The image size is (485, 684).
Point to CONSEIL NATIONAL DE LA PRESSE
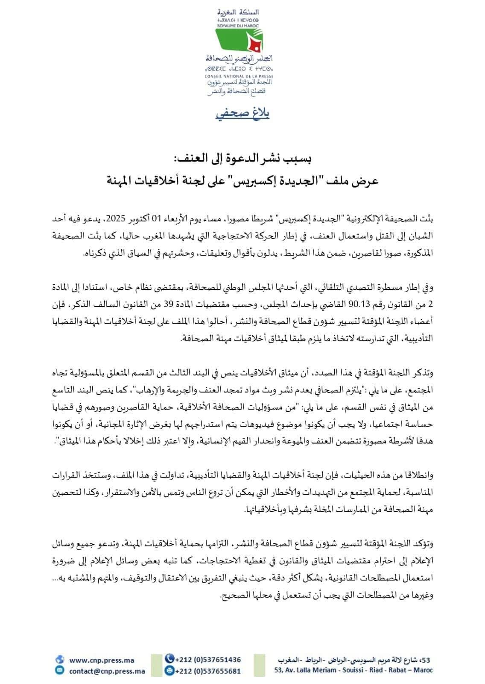tap(239, 75)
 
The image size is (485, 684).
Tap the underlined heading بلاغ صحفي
tap(242, 114)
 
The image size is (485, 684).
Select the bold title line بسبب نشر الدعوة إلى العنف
tap(243, 159)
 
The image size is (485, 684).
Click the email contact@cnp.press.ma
tap(107, 671)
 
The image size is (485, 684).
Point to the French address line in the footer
tap(353, 671)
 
